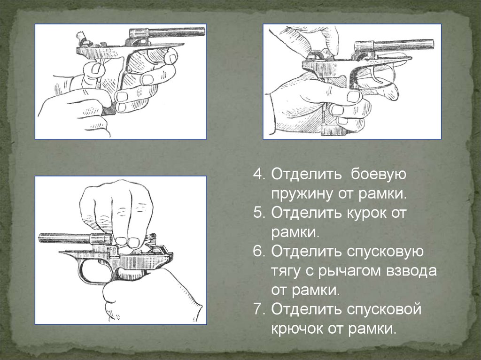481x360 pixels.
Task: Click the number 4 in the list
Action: pyautogui.click(x=258, y=174)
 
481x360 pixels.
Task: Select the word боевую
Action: pyautogui.click(x=378, y=174)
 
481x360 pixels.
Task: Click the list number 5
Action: pyautogui.click(x=258, y=213)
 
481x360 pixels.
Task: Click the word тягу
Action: pyautogui.click(x=287, y=271)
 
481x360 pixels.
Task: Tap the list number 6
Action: pyautogui.click(x=258, y=252)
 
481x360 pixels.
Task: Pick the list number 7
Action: pyautogui.click(x=258, y=309)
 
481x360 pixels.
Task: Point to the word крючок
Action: pyautogui.click(x=296, y=329)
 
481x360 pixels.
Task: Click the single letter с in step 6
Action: pyautogui.click(x=310, y=272)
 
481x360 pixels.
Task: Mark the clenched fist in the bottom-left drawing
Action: pyautogui.click(x=116, y=212)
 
